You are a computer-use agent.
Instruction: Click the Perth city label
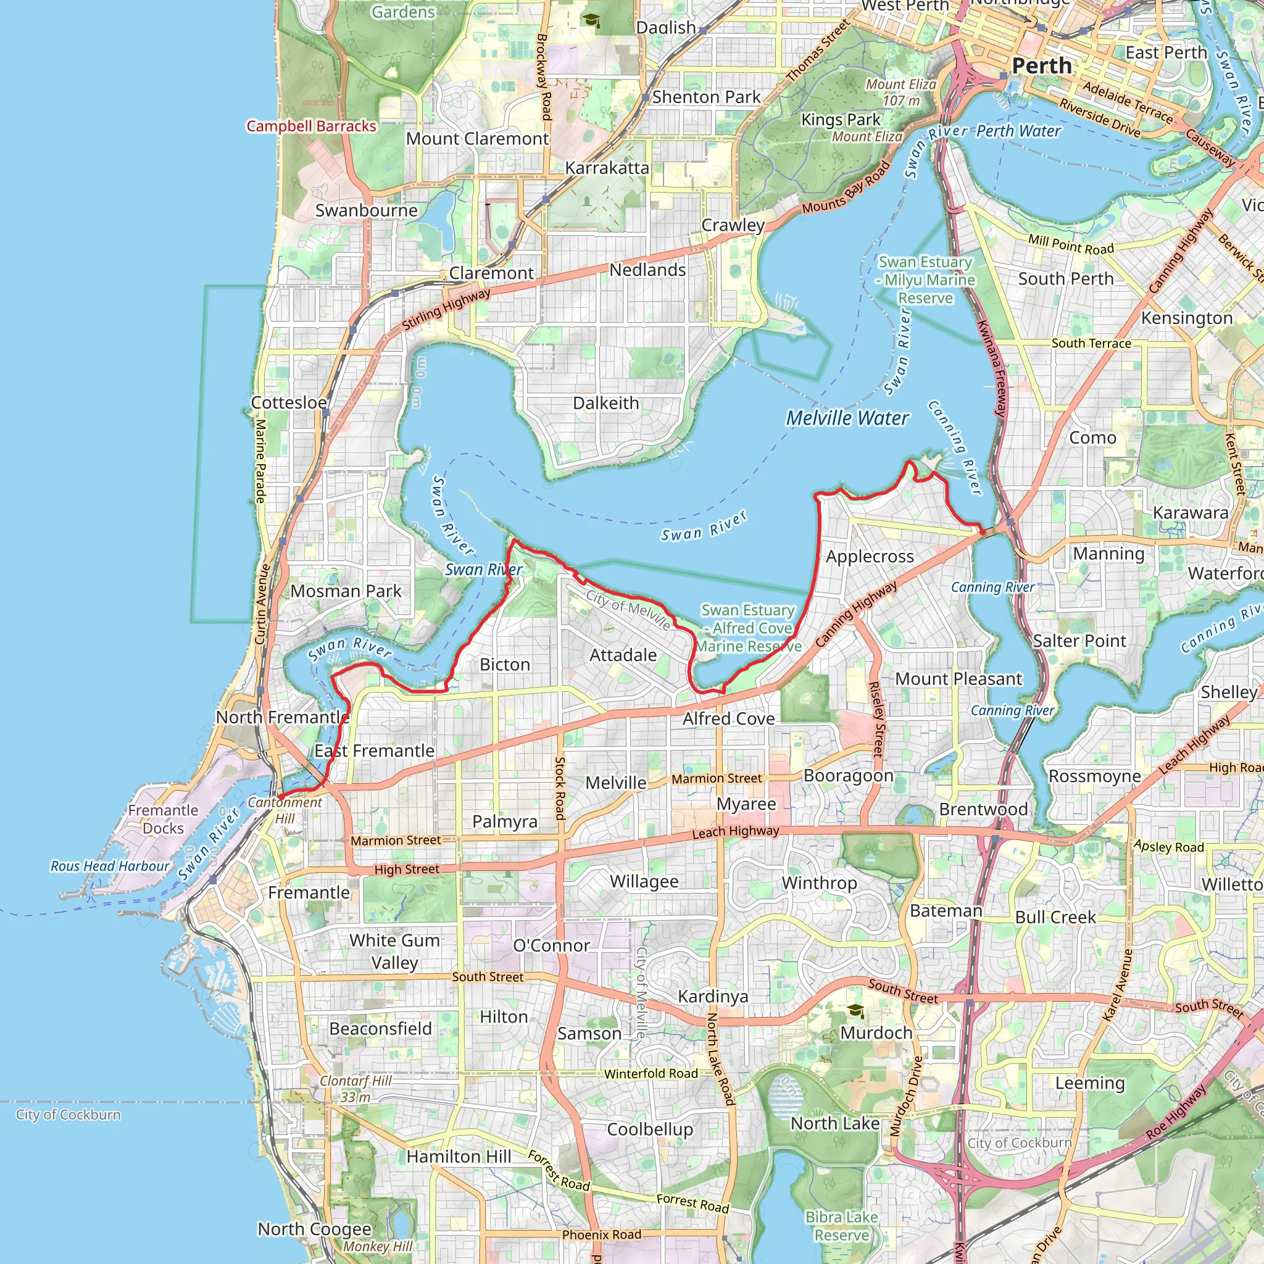click(1042, 66)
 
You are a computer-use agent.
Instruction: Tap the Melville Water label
click(847, 418)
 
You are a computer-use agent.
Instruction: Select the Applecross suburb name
click(870, 557)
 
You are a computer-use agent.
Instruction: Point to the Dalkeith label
click(606, 403)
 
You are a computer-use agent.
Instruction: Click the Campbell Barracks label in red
click(311, 127)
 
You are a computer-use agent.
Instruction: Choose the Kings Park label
click(841, 120)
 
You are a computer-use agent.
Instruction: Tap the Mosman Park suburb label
click(346, 591)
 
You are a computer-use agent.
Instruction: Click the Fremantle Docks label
click(163, 819)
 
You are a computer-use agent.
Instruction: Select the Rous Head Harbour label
click(110, 866)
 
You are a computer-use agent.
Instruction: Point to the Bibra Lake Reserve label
click(841, 1226)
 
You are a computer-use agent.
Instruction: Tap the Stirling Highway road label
click(446, 309)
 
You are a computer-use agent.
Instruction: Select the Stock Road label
click(560, 788)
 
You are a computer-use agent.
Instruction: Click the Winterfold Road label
click(651, 1074)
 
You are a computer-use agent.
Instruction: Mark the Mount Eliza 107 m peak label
click(901, 92)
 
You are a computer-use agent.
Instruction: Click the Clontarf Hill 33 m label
click(355, 1089)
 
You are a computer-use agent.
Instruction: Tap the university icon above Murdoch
click(855, 1011)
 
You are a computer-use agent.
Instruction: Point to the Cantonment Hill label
click(285, 810)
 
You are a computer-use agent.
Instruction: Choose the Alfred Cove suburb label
click(728, 718)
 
